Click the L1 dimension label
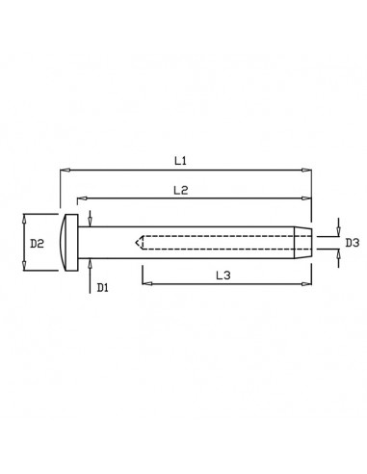coord(179,159)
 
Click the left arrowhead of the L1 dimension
coord(65,170)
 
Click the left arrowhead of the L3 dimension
coord(146,283)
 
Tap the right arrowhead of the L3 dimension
coord(307,283)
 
